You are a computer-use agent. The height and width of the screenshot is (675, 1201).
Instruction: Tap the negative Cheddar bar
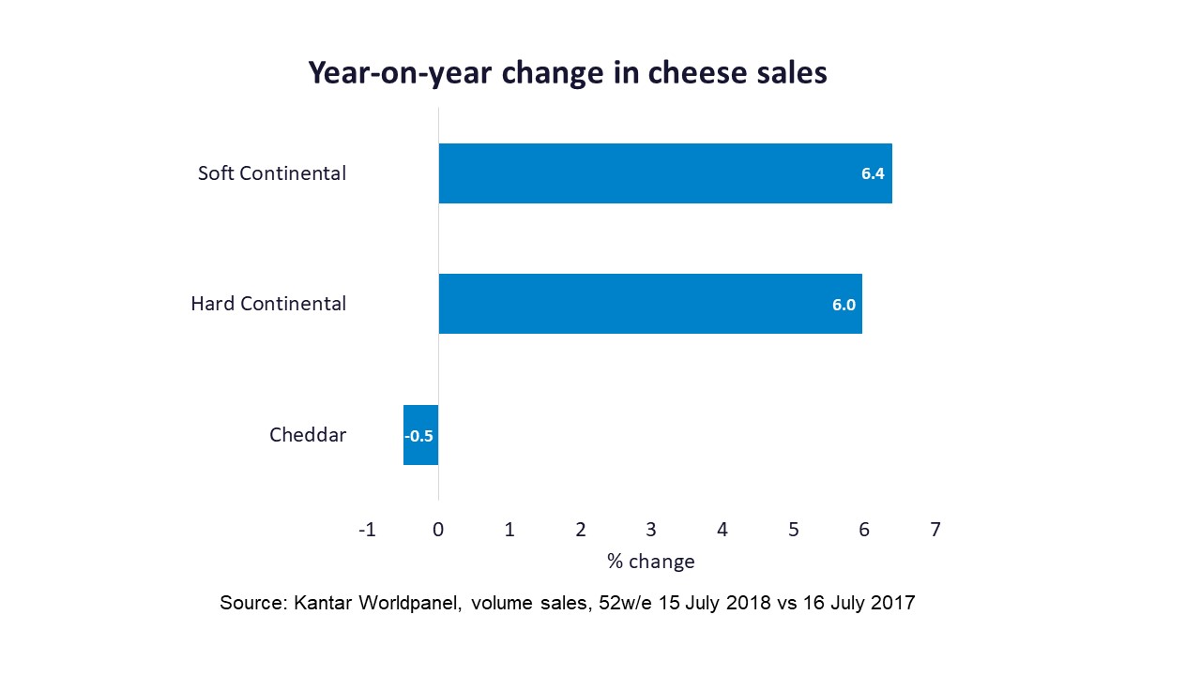421,435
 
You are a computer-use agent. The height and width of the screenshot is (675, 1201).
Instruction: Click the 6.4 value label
874,173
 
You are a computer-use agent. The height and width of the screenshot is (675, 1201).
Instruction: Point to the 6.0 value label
844,304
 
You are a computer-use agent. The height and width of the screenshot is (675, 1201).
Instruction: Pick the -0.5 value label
419,436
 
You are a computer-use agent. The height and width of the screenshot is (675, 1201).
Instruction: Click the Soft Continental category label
272,173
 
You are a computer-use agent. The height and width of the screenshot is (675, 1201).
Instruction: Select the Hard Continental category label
268,304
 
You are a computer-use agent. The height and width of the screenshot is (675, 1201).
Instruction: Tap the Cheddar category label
308,435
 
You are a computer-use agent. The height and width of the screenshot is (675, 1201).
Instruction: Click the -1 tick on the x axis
367,530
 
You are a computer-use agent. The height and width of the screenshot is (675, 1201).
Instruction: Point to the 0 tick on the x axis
438,530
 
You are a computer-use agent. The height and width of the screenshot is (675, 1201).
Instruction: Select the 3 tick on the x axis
651,530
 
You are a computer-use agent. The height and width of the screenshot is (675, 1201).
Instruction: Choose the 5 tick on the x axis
793,530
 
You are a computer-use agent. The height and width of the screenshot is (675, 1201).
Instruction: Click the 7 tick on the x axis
935,530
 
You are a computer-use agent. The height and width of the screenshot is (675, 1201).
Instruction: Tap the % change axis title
651,562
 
